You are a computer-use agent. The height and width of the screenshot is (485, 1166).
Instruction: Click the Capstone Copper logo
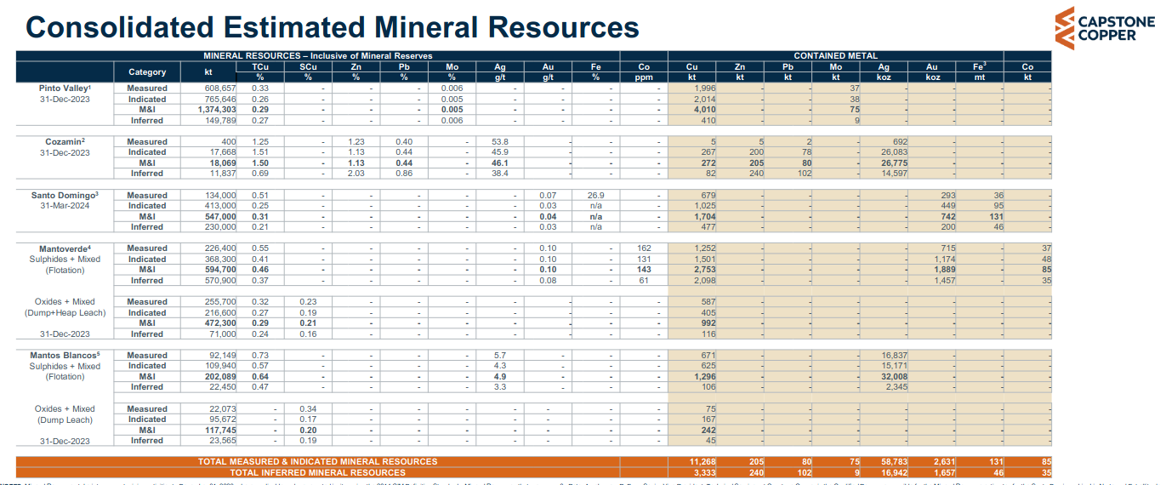(1103, 28)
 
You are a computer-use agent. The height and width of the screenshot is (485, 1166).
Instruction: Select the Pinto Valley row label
(65, 88)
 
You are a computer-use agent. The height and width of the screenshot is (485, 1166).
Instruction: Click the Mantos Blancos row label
(65, 356)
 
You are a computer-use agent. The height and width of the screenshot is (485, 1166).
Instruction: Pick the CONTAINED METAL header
(835, 56)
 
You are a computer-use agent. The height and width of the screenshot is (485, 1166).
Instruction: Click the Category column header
(147, 71)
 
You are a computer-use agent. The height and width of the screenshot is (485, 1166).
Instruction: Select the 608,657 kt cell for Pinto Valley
(215, 88)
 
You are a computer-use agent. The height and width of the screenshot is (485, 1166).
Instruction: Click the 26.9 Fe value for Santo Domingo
(595, 195)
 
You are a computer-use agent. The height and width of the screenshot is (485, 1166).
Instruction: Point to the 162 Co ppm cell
(643, 248)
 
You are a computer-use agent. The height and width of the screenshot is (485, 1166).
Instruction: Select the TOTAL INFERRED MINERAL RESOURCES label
(317, 472)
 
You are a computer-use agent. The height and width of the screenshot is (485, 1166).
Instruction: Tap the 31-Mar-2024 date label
(65, 206)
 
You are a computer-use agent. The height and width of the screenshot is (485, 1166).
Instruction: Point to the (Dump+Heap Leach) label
(65, 312)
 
